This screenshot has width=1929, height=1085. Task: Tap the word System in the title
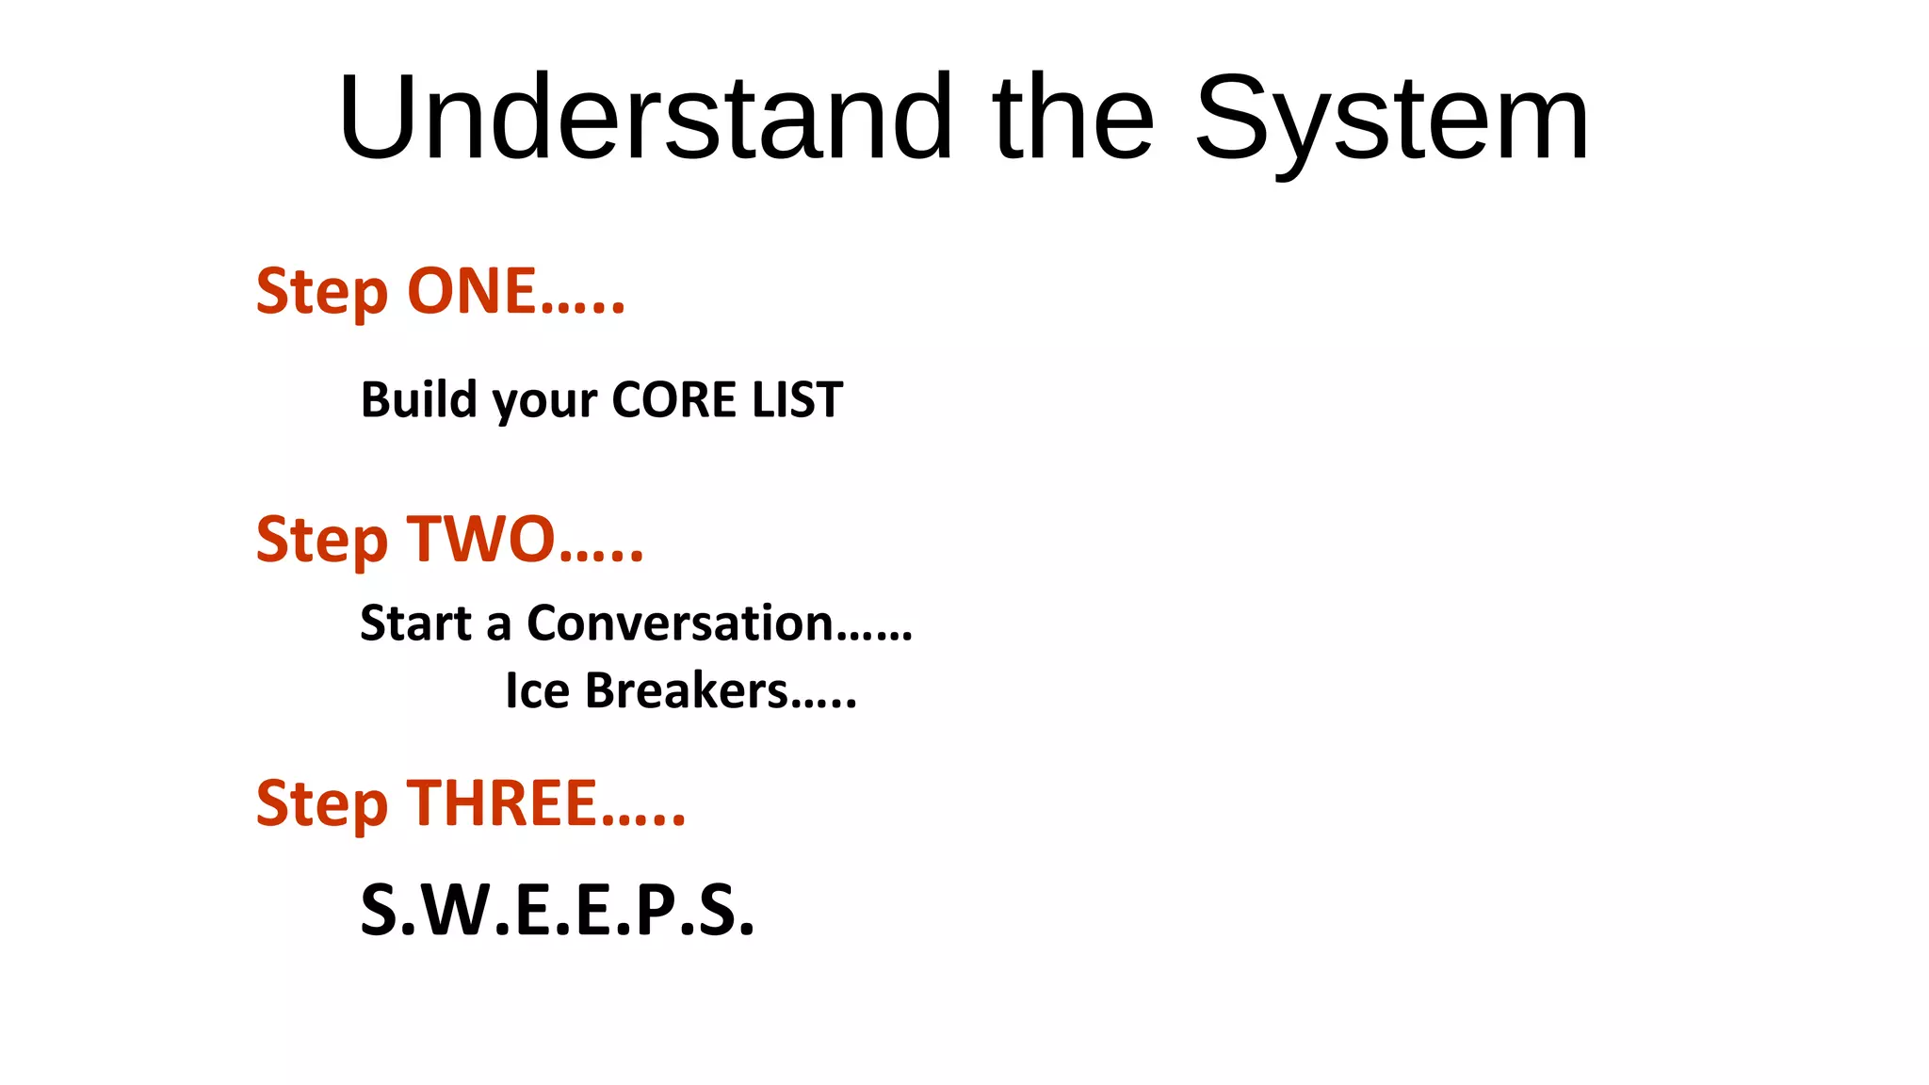click(1392, 119)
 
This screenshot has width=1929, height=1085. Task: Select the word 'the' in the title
click(1072, 119)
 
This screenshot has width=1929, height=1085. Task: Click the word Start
click(415, 623)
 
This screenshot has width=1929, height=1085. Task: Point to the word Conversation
click(680, 623)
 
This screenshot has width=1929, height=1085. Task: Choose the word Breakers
click(687, 690)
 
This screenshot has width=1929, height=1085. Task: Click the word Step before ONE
click(321, 292)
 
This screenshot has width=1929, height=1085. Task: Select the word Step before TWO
click(321, 541)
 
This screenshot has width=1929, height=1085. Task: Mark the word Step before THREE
click(321, 804)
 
